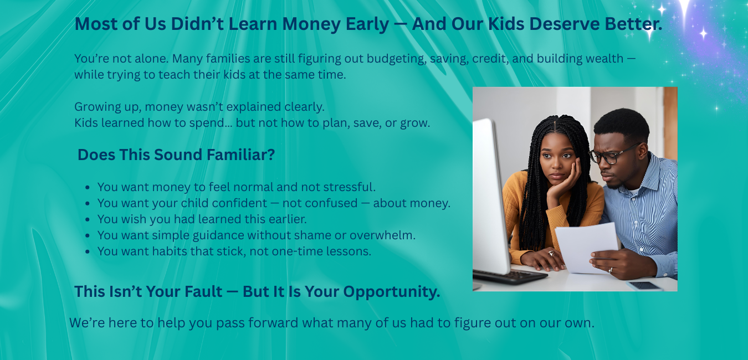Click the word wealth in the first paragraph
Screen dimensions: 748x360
(x=604, y=58)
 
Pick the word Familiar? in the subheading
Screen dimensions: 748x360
(x=241, y=155)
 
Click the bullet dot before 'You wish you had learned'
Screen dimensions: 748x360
(x=88, y=219)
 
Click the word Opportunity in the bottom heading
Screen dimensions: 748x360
(x=392, y=292)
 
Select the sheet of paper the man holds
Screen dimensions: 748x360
(x=586, y=247)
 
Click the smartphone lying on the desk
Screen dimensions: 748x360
(x=644, y=286)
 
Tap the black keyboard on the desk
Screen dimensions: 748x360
(x=510, y=276)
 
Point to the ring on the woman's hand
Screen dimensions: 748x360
(x=551, y=254)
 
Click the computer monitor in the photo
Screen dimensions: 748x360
(x=490, y=197)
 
